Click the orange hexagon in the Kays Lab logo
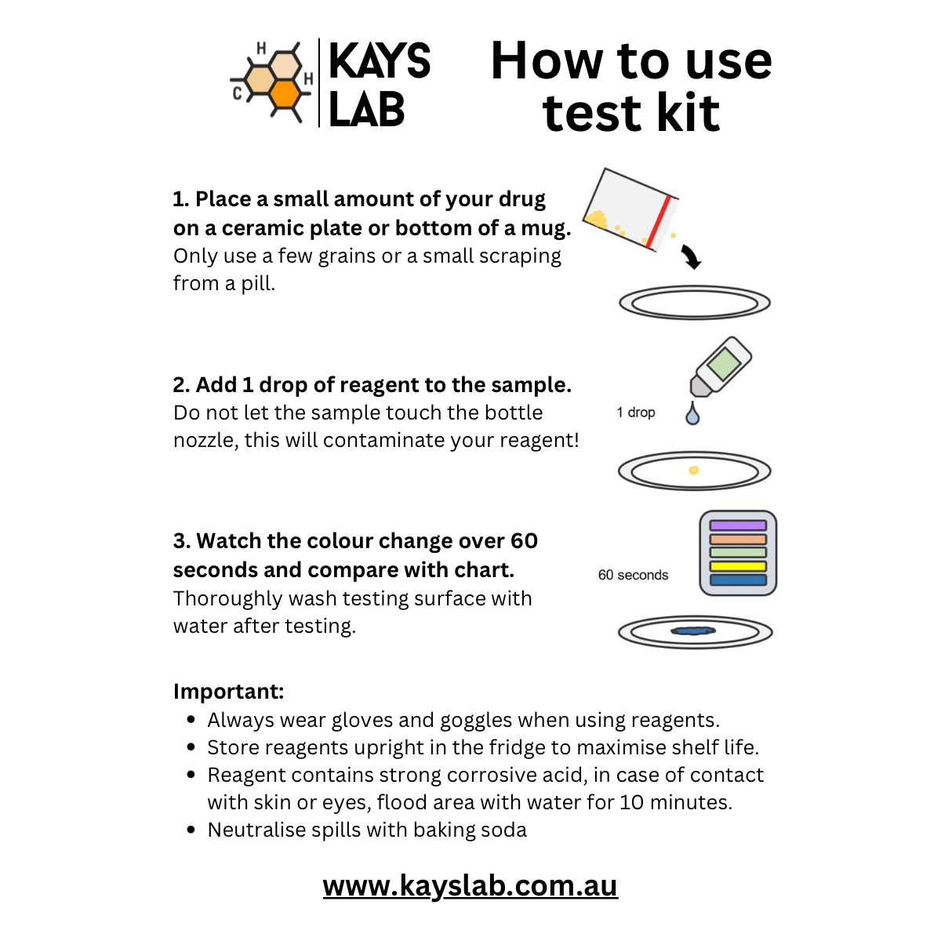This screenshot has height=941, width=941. [x=285, y=93]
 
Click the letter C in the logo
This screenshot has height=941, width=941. [x=238, y=94]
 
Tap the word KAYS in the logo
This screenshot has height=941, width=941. [x=380, y=62]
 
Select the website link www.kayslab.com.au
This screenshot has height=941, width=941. [x=470, y=885]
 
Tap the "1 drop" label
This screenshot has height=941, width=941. [x=636, y=412]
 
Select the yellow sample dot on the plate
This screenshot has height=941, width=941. [x=693, y=470]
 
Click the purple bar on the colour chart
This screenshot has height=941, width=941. [x=738, y=525]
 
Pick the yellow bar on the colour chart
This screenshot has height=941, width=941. [x=738, y=566]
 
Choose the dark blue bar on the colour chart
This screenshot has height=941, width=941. [x=738, y=580]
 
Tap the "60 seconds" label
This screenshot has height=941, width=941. [x=633, y=575]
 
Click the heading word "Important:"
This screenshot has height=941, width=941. [x=228, y=692]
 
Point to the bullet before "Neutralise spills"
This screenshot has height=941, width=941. [x=191, y=830]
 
